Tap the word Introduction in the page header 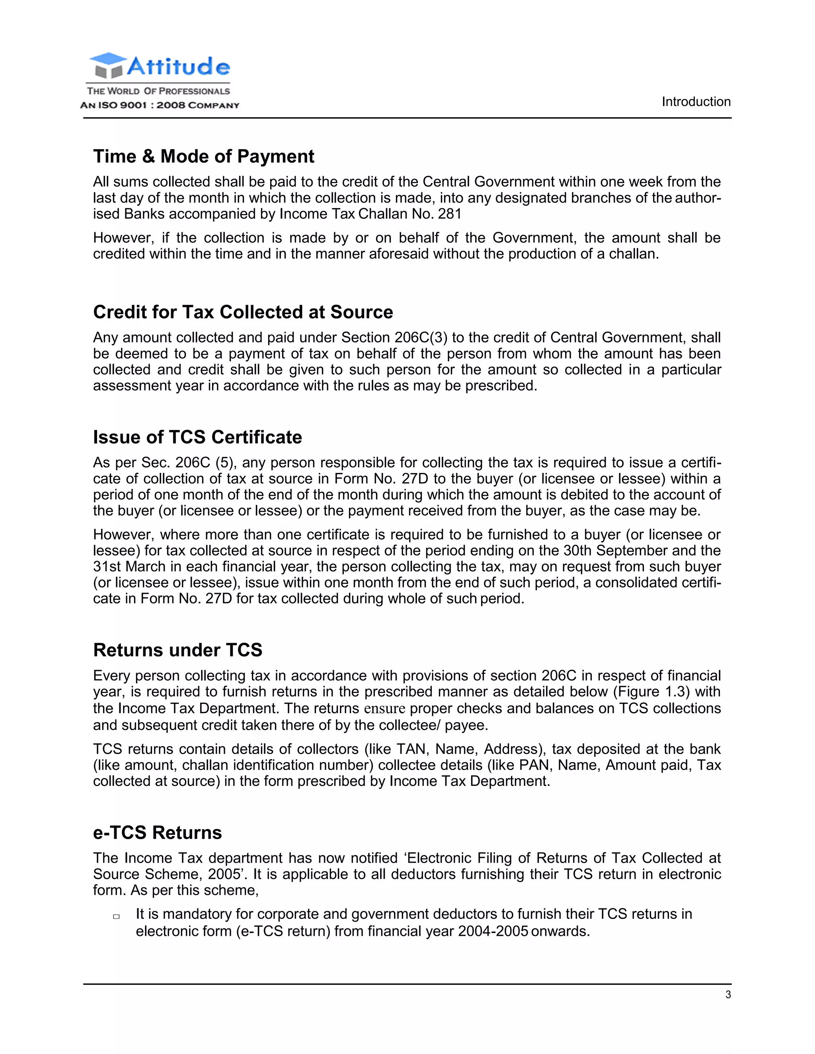696,102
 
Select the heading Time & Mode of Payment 203,156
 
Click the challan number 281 450,214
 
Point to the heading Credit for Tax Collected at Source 243,312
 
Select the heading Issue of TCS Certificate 197,437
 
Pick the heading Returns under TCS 177,650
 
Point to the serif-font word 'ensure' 384,708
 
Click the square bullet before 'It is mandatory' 116,916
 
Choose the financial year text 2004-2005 493,931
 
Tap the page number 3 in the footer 728,995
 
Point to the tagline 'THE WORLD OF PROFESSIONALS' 158,91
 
